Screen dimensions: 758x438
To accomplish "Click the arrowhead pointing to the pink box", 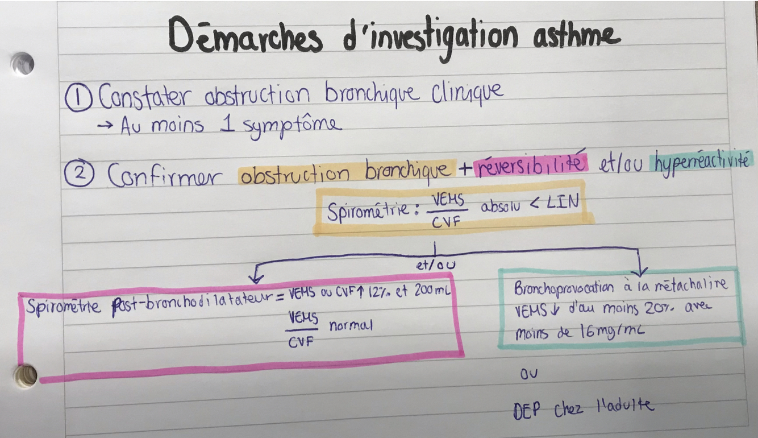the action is coord(256,278).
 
